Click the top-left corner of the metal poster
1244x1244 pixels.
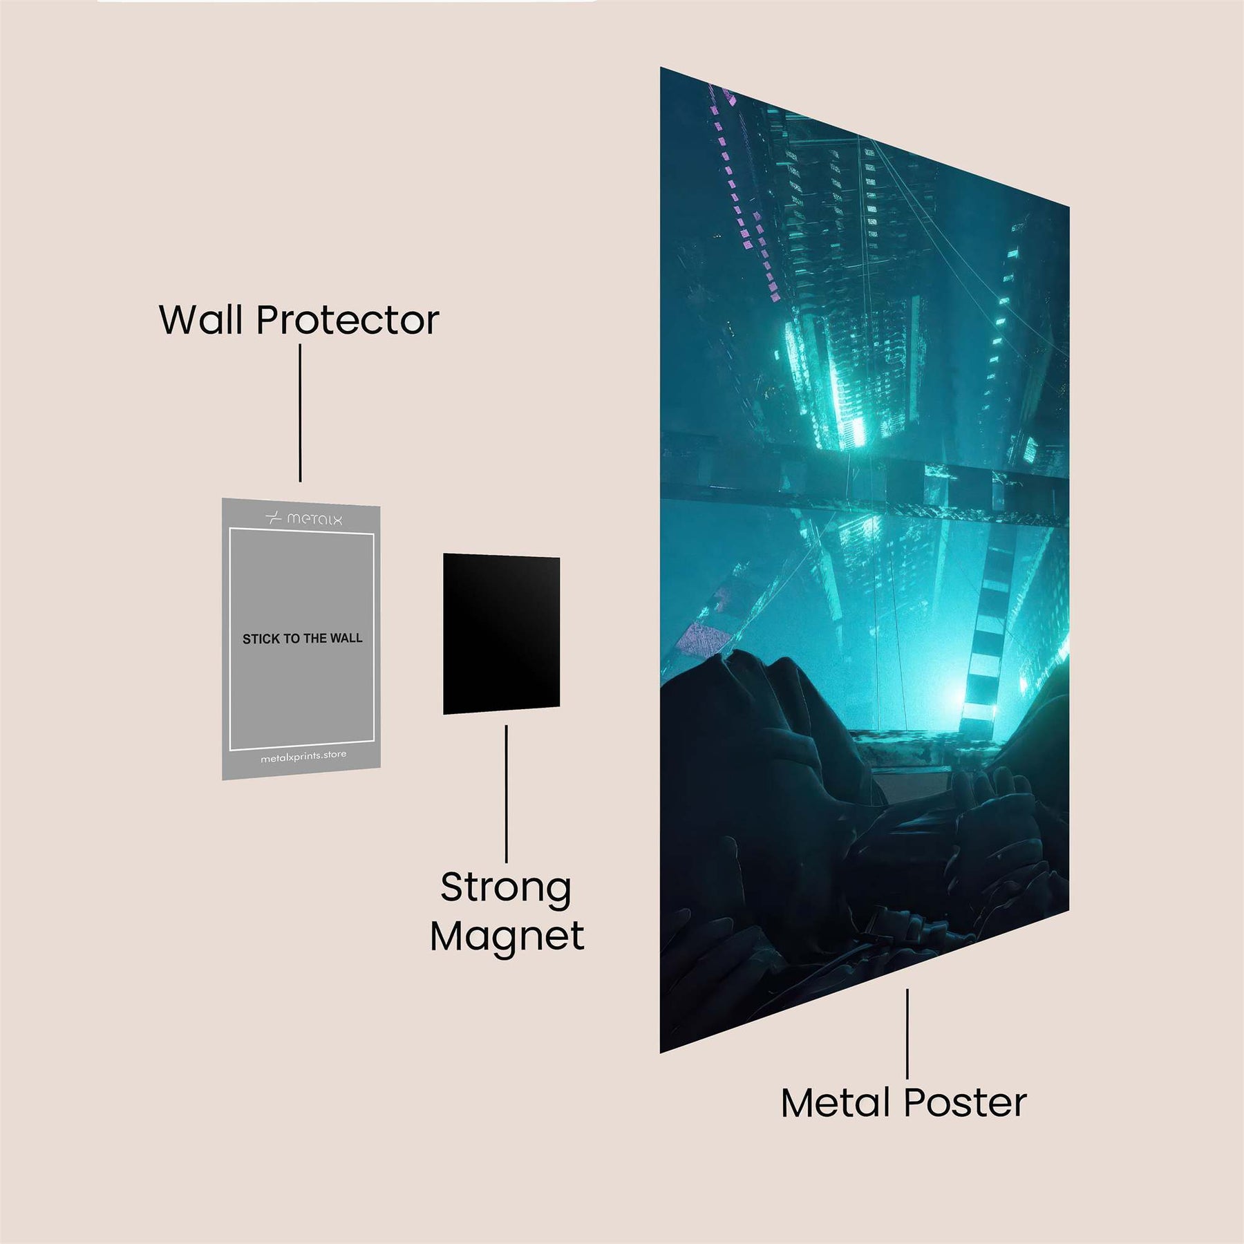point(661,68)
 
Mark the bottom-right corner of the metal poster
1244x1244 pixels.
point(1069,910)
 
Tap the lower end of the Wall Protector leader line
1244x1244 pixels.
point(300,481)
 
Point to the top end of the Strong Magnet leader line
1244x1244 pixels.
point(507,726)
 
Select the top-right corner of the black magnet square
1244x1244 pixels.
point(559,558)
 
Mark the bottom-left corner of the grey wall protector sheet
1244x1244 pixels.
point(223,780)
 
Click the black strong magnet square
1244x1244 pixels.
point(501,633)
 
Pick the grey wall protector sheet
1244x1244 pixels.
point(301,639)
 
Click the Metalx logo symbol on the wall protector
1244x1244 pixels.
point(274,517)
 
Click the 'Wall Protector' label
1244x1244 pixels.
point(299,321)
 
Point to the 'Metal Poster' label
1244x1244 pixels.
point(903,1103)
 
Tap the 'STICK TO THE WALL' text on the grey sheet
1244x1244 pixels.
point(303,639)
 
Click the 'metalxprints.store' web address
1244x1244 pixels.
point(303,756)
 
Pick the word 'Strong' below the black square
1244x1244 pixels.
point(506,889)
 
